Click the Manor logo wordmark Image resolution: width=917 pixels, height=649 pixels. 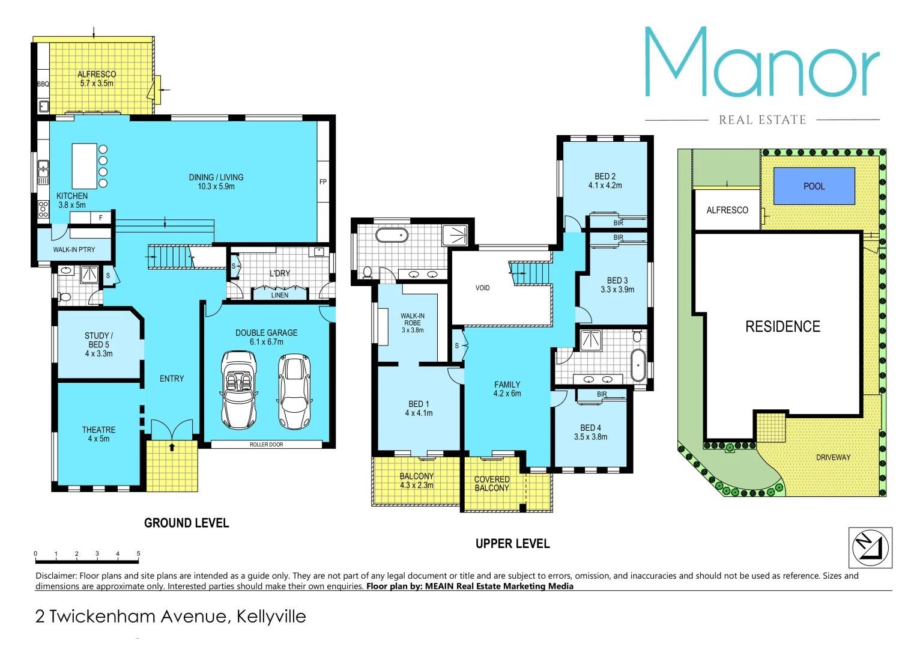(761, 63)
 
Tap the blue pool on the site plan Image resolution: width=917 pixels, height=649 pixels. (814, 186)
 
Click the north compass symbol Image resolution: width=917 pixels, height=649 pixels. (870, 547)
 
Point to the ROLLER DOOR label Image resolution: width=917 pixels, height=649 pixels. (266, 445)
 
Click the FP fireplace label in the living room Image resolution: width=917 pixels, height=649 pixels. (323, 182)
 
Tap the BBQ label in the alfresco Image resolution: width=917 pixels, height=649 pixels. (43, 84)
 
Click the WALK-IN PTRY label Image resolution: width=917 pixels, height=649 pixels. (74, 249)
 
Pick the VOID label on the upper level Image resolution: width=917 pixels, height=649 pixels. (482, 288)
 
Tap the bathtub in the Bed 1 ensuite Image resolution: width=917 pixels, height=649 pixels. (392, 234)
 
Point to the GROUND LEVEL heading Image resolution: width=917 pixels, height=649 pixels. (186, 523)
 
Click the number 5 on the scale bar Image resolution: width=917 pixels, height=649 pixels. (138, 553)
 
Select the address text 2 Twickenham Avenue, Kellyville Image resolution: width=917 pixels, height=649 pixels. (171, 617)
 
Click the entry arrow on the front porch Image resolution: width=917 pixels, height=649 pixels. (172, 447)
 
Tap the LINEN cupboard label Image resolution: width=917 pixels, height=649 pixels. (279, 295)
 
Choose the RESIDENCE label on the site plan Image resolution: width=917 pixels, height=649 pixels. (782, 326)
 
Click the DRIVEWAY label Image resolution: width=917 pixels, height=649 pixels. (833, 457)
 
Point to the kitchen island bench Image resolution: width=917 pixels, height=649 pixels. (84, 166)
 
